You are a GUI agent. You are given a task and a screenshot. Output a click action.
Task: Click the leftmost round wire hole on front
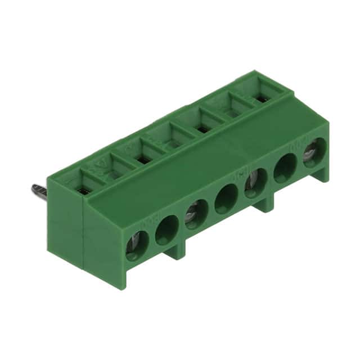(x=137, y=246)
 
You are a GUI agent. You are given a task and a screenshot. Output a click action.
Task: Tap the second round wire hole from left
(x=166, y=230)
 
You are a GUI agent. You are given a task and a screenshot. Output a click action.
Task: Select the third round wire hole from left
(x=196, y=214)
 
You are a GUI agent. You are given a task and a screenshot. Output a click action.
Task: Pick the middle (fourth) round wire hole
(x=226, y=199)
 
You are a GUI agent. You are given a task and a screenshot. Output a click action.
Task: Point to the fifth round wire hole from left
(x=255, y=183)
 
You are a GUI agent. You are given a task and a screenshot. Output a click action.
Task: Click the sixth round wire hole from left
(x=285, y=168)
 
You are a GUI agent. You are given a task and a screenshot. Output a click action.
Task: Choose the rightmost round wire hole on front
(x=314, y=151)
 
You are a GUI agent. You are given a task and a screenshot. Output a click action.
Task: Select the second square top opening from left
(x=114, y=175)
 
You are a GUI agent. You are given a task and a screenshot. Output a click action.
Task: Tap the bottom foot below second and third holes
(x=177, y=250)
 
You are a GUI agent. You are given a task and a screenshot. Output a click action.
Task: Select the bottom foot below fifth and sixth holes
(x=264, y=204)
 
